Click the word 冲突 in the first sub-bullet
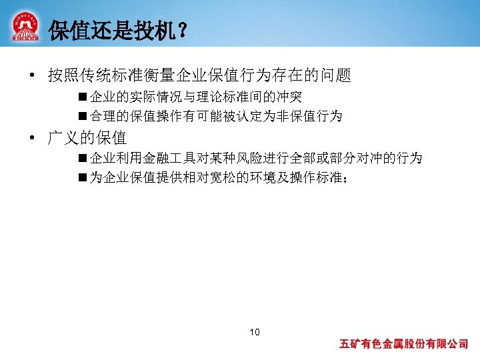click(x=289, y=97)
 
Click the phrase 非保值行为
click(x=309, y=117)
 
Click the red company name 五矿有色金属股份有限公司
click(x=404, y=345)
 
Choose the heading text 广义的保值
click(x=87, y=139)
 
